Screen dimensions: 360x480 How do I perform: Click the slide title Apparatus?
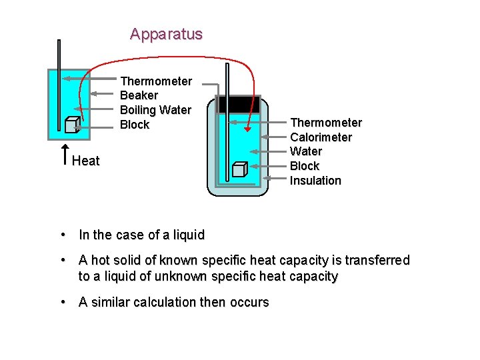point(166,34)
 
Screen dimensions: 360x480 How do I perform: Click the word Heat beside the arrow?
point(86,161)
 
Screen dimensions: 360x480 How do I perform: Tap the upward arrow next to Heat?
point(65,154)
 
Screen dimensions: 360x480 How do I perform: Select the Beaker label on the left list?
point(139,95)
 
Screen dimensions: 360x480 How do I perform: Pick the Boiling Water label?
point(155,110)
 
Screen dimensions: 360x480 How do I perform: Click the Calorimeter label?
point(321,137)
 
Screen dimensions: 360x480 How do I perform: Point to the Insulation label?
point(315,181)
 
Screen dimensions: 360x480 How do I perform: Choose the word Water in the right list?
point(305,152)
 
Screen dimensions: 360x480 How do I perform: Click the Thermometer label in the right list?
point(326,123)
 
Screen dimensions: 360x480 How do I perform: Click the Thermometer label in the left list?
point(156,81)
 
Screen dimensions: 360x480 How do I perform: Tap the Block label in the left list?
point(135,125)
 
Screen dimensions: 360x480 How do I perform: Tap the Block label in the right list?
point(305,166)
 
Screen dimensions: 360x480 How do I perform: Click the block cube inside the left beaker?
point(73,125)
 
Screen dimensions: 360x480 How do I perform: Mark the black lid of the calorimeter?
point(238,104)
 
